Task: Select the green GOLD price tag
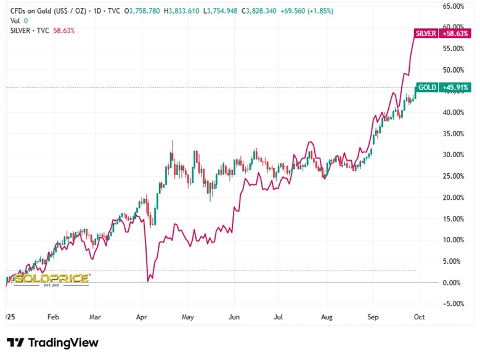point(426,88)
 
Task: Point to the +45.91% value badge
point(456,88)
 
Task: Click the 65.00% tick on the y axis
point(454,6)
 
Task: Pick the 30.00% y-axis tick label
point(454,155)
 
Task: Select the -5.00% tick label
point(454,303)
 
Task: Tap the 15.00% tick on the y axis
point(454,219)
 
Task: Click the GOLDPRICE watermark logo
point(52,279)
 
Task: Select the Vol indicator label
point(15,20)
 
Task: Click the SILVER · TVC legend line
point(31,30)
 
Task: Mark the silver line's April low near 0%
point(148,281)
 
